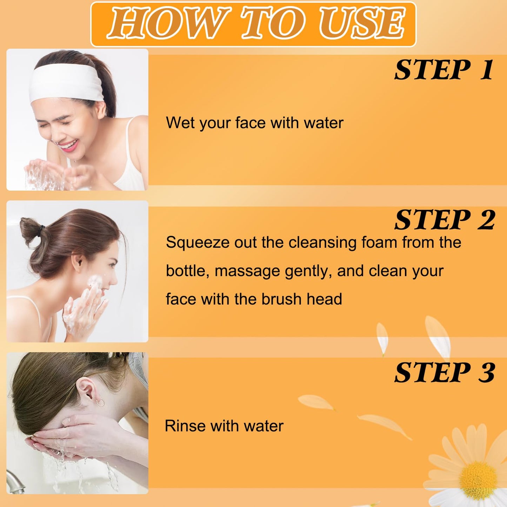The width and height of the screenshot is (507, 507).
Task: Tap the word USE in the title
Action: (362, 24)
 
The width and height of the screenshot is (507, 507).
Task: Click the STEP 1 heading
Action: (444, 70)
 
